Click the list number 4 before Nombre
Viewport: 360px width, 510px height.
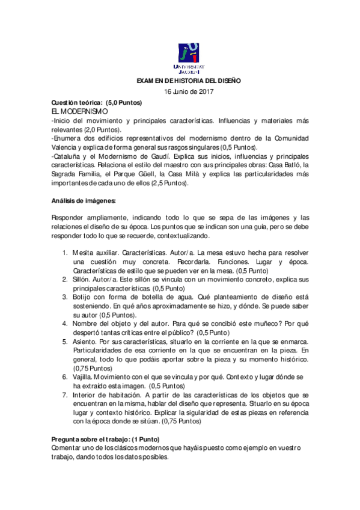point(66,323)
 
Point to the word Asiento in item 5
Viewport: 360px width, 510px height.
point(84,340)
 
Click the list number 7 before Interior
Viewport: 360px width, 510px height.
point(66,395)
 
